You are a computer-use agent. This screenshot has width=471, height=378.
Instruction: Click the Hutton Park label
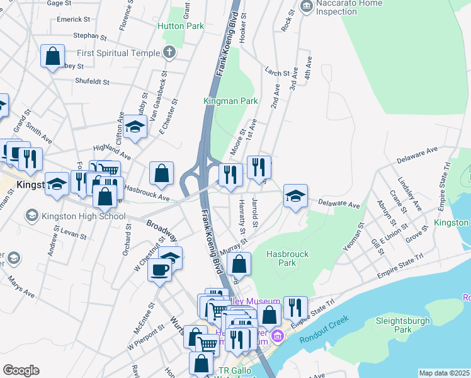tap(181, 26)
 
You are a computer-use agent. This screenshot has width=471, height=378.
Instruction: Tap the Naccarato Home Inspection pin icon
tap(307, 8)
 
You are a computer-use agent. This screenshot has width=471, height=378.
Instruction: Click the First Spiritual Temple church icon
tap(169, 53)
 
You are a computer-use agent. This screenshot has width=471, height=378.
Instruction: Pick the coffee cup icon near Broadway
tap(159, 270)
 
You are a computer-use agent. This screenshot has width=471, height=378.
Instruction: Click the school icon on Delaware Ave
tap(294, 195)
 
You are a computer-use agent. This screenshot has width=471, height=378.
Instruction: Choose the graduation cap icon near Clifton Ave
tap(135, 127)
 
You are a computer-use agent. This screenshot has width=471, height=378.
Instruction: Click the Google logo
tap(21, 370)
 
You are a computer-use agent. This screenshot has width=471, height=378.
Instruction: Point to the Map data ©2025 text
tap(443, 373)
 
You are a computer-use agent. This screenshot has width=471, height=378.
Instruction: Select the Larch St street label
tap(277, 73)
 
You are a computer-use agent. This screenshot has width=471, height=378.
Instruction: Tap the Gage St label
tap(59, 4)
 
